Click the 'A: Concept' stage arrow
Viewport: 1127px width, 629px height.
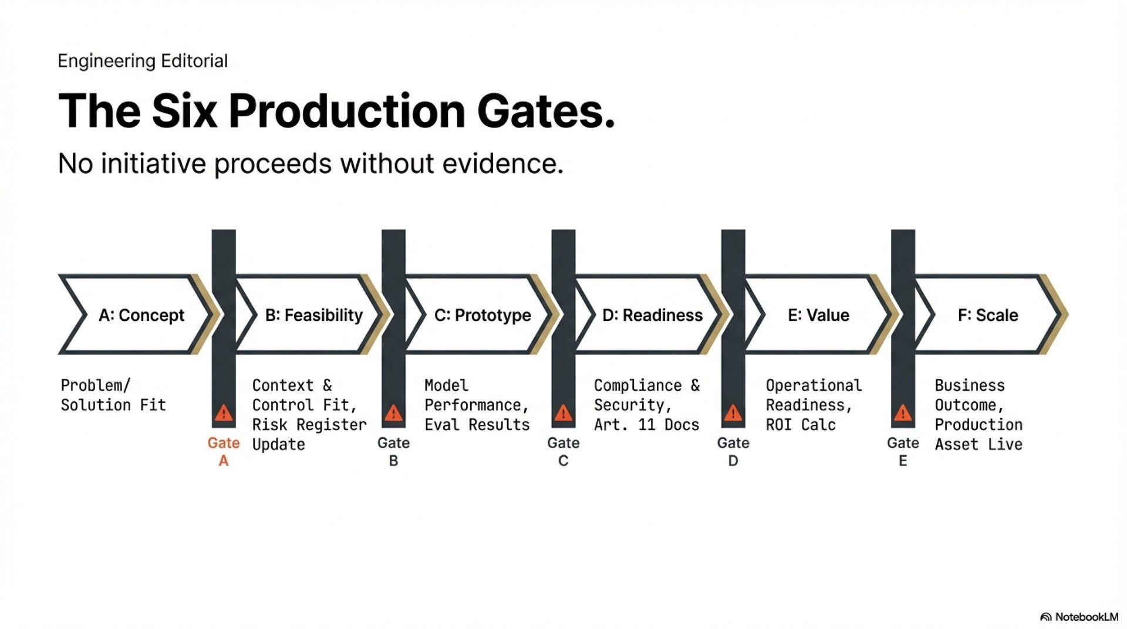coord(141,315)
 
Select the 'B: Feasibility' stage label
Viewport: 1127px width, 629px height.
coord(313,315)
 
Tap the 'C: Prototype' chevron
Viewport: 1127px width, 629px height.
coord(482,315)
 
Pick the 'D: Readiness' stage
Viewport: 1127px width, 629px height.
coord(652,315)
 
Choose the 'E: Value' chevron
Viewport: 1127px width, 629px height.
coord(818,315)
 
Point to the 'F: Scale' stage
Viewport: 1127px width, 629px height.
coord(988,315)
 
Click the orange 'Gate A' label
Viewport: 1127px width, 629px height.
coord(224,452)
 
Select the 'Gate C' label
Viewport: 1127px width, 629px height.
coord(563,452)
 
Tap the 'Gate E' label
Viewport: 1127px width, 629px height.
coord(903,452)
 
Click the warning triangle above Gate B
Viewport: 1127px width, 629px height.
coord(393,414)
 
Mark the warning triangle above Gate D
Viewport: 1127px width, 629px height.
coord(733,414)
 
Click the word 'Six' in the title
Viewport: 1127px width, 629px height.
coord(184,111)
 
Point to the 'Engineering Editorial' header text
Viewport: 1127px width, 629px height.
coord(143,61)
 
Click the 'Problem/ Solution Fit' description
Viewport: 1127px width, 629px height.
coord(113,395)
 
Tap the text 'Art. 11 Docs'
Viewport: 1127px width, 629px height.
coord(646,425)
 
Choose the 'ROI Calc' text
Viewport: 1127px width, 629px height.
coord(801,425)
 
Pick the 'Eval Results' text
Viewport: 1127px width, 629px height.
coord(477,425)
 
